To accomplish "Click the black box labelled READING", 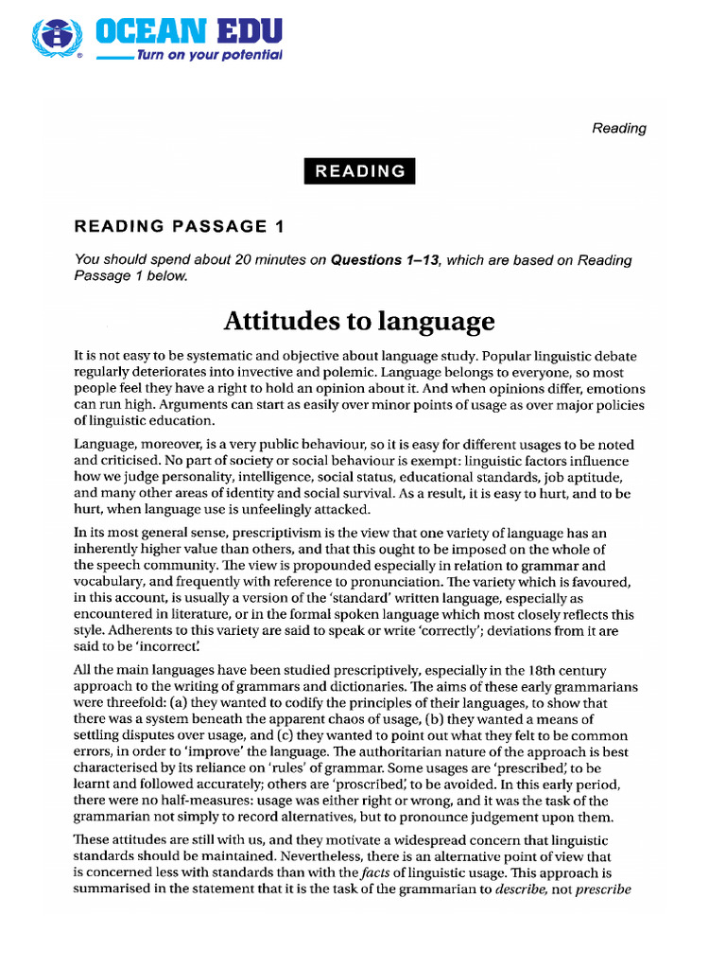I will tap(359, 171).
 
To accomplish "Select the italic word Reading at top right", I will tap(619, 128).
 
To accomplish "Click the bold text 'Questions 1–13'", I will tap(385, 260).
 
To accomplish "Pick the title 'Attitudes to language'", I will tap(358, 322).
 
